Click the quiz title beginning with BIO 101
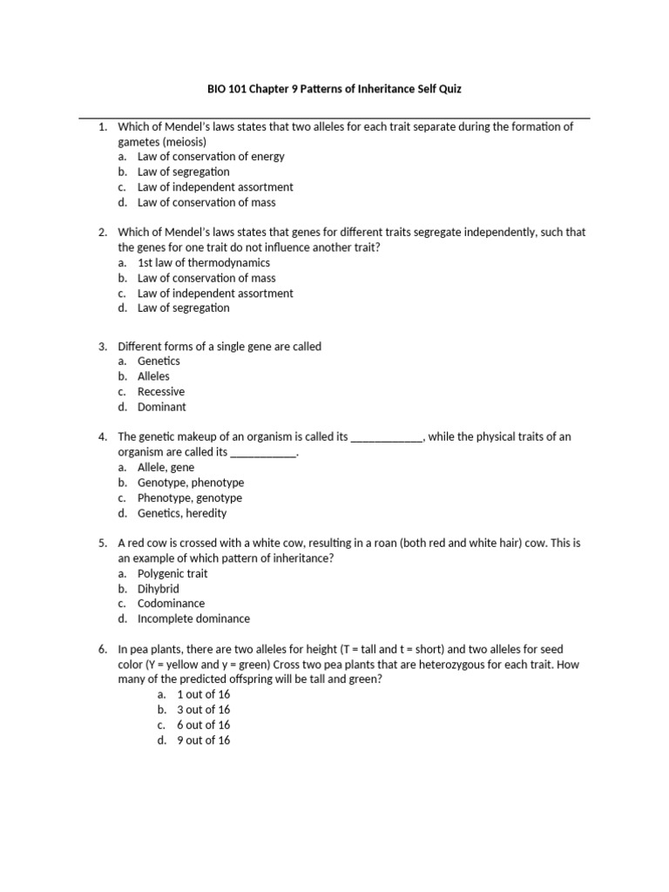tap(334, 88)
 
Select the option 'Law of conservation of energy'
tap(210, 157)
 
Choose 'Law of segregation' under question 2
tap(183, 308)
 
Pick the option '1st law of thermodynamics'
tap(203, 262)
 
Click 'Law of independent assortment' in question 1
tap(214, 187)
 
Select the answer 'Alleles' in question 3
tap(153, 376)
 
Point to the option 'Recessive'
tap(160, 392)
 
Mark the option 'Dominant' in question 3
tap(161, 407)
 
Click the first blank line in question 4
tap(387, 437)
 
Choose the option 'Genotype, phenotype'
tap(190, 483)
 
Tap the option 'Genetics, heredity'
tap(181, 513)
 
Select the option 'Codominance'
tap(171, 604)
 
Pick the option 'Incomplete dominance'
tap(193, 619)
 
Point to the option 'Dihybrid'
tap(158, 589)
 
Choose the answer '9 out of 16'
tap(203, 740)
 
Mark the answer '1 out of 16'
tap(203, 695)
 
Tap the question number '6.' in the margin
tap(103, 650)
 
